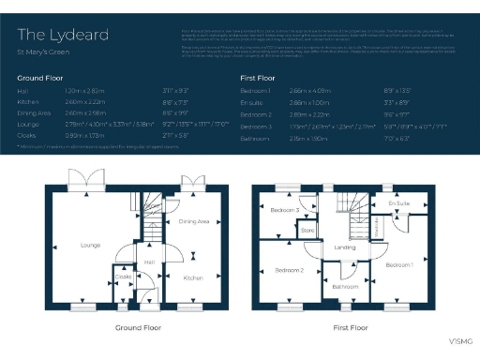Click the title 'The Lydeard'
click(62, 35)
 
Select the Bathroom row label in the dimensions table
click(257, 137)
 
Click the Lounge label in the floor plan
click(90, 246)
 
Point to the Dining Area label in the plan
click(193, 221)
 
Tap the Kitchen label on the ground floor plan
click(193, 278)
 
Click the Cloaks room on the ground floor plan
click(123, 277)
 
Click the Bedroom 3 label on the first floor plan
click(285, 211)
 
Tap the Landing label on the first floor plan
click(344, 247)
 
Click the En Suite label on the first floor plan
click(398, 202)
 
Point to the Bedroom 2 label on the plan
click(289, 270)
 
